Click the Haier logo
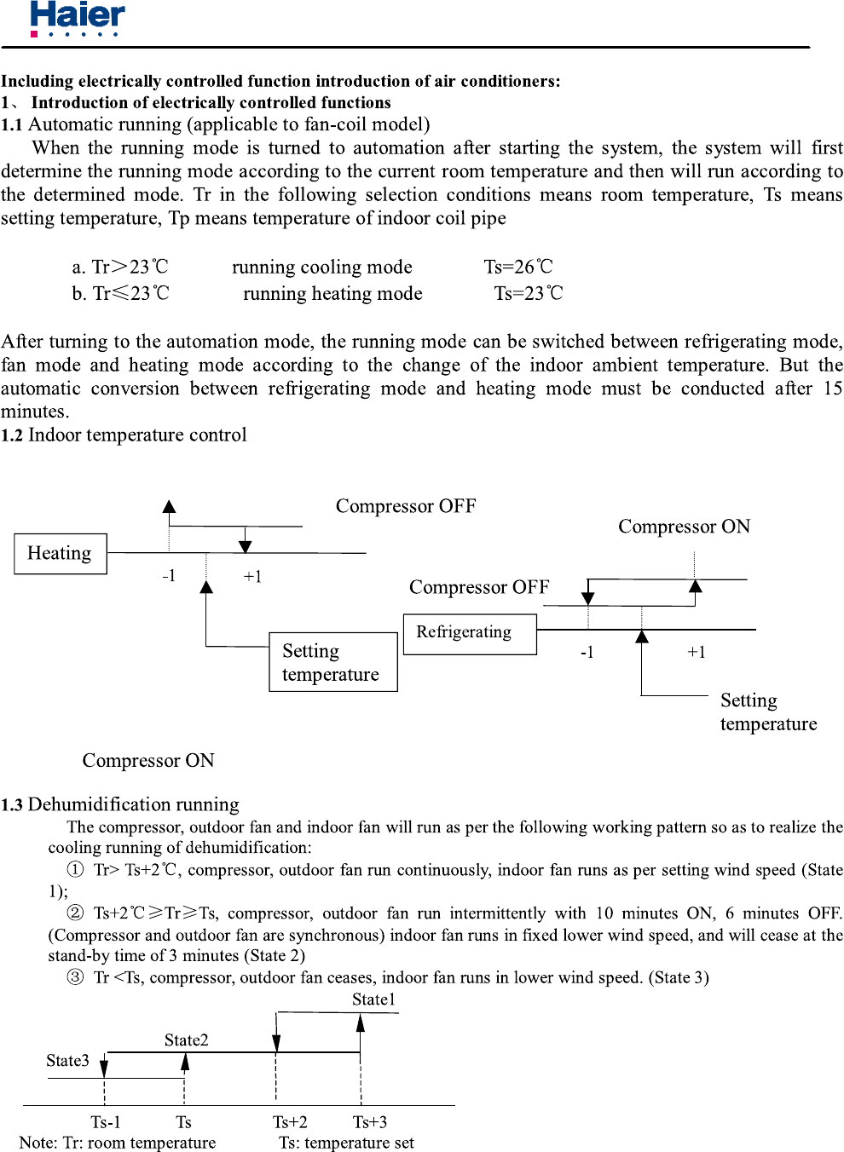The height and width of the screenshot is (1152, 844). tap(78, 18)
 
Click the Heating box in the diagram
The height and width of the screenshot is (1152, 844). tap(61, 554)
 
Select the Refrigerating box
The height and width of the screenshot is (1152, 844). tap(470, 634)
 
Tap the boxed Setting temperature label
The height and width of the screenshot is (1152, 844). tap(333, 662)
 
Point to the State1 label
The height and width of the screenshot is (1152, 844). tap(373, 999)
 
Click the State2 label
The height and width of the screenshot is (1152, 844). tap(186, 1040)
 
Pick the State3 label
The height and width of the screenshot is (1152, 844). tap(67, 1061)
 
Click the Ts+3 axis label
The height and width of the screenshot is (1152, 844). tap(370, 1122)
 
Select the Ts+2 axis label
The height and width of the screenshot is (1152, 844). tap(290, 1122)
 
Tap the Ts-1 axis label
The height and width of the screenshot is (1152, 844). tap(106, 1122)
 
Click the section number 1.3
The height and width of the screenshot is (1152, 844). tap(12, 805)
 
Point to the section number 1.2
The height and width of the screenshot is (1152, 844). tap(12, 435)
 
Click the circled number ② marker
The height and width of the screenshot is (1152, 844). tap(75, 913)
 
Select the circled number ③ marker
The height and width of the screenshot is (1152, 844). tap(75, 977)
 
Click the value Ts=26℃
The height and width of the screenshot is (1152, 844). tap(518, 267)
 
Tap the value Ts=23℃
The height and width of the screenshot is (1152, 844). tap(529, 294)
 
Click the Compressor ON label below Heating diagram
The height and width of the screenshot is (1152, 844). tap(148, 761)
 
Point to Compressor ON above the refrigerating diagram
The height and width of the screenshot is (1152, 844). tap(684, 527)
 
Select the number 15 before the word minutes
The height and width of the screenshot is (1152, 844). tap(832, 389)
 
